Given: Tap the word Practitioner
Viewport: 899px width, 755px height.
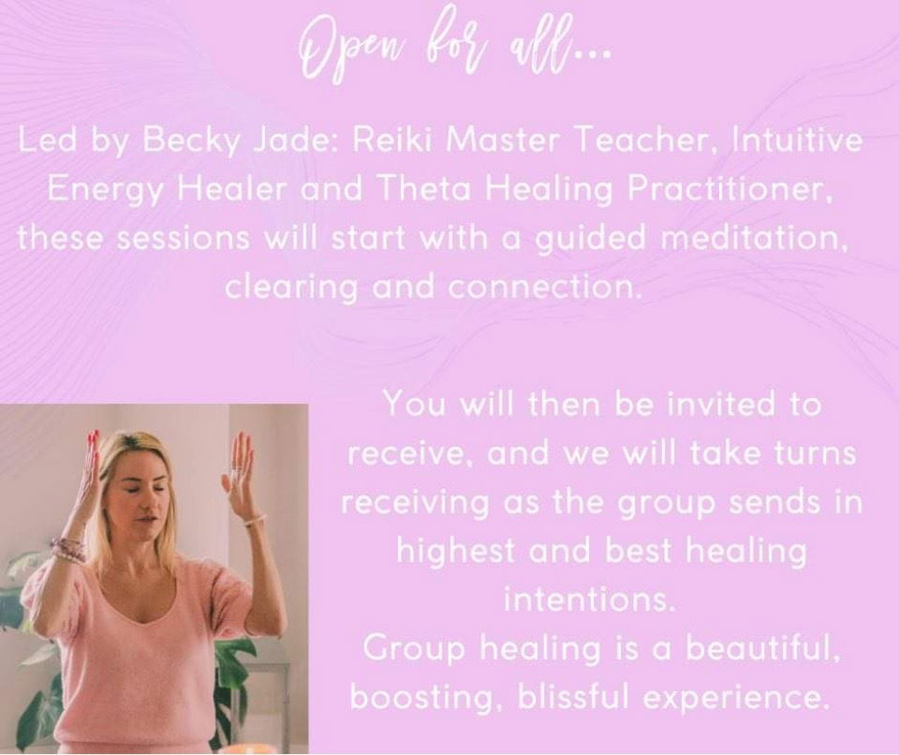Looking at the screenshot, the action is coord(730,188).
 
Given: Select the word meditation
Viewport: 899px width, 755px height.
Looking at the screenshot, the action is coord(754,238).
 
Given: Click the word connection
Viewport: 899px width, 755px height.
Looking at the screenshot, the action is coord(543,287).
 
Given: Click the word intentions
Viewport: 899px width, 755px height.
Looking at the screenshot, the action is coord(587,600).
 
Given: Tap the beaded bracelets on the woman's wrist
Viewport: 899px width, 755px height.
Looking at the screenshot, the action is coord(67,549).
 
